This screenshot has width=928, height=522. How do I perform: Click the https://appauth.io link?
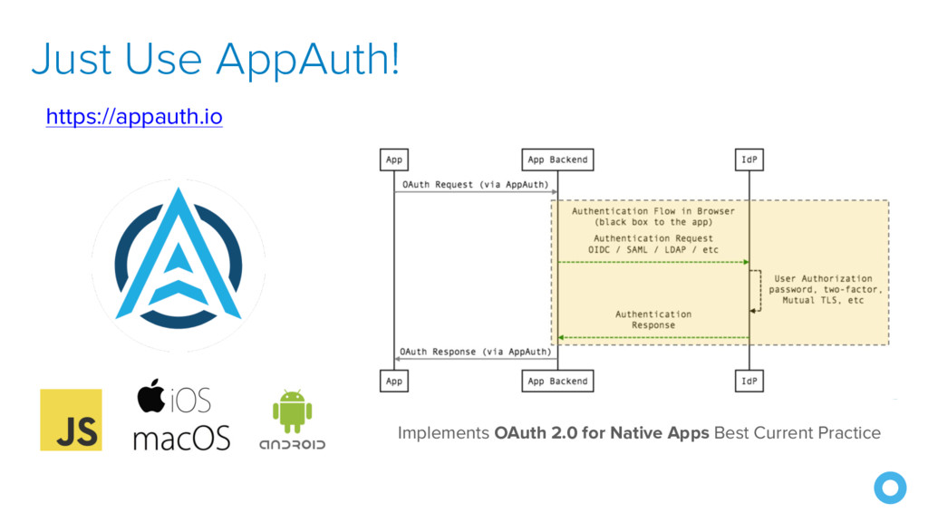(134, 117)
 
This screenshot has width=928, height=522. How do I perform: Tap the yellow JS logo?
(71, 420)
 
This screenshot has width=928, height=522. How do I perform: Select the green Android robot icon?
(292, 411)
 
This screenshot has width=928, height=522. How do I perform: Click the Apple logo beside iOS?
(151, 397)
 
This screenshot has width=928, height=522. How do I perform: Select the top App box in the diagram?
(394, 159)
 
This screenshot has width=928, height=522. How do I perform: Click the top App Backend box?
(557, 159)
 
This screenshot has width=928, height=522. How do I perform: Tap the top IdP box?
(749, 159)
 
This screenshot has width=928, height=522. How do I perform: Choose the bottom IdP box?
(749, 381)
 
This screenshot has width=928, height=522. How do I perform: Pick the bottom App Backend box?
(557, 381)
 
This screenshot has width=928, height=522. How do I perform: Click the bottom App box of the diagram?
(394, 381)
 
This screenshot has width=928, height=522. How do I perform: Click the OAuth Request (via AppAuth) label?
(475, 184)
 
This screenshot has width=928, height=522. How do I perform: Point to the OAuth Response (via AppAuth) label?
(475, 351)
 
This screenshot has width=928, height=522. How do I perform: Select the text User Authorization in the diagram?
(823, 278)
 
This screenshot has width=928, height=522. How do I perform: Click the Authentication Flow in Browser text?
(652, 211)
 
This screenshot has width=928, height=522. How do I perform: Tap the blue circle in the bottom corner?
(889, 488)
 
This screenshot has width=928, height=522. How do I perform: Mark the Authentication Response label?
(652, 319)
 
